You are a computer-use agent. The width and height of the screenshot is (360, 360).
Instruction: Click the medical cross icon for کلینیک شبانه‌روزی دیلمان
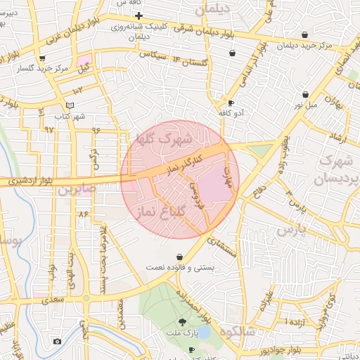click(x=139, y=15)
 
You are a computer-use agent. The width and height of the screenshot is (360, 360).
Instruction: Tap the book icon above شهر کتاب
click(x=70, y=105)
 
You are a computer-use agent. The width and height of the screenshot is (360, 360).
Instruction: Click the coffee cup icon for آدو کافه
click(x=230, y=103)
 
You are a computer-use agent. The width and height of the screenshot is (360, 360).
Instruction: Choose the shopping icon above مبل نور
click(x=306, y=94)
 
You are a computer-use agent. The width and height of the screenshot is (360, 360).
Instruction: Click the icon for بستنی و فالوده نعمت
click(x=181, y=257)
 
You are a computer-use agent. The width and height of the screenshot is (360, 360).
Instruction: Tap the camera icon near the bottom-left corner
click(x=57, y=341)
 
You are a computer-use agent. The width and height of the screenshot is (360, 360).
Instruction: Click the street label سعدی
click(x=51, y=300)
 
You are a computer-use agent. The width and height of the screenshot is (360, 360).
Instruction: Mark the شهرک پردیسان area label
click(x=336, y=170)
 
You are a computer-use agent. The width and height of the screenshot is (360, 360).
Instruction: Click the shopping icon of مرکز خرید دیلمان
click(x=304, y=34)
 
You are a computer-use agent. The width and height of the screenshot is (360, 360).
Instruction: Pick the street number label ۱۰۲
click(x=77, y=90)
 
